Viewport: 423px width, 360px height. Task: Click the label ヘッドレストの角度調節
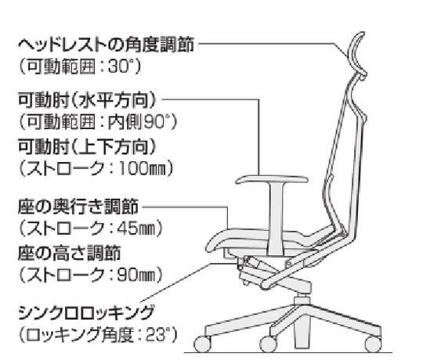pos(106,44)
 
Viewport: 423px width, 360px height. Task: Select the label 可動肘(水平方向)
pos(88,100)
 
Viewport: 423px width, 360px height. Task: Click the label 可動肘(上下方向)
pos(88,146)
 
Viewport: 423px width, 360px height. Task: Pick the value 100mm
pos(142,169)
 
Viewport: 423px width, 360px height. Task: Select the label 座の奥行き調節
pos(78,207)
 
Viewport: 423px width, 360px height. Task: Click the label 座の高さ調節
pos(69,253)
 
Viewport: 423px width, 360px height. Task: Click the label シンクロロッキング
pos(86,313)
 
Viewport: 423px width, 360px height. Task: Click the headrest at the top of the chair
pos(357,54)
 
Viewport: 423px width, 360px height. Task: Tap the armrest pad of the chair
pos(272,179)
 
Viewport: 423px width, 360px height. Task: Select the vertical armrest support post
pos(276,218)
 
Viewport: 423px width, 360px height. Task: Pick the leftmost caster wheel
pos(202,344)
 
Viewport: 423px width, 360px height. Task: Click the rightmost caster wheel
pos(373,344)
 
